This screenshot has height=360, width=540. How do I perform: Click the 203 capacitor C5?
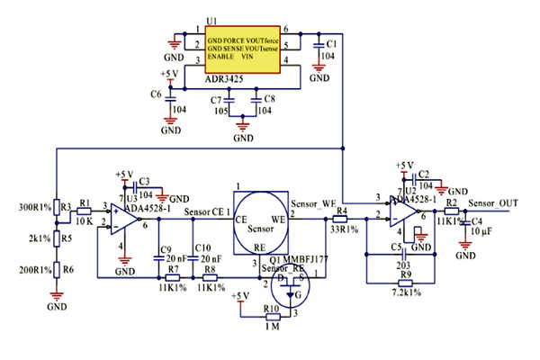[x=400, y=255]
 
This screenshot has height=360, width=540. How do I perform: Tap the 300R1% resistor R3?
[x=56, y=207]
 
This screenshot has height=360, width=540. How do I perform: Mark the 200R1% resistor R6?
[x=56, y=270]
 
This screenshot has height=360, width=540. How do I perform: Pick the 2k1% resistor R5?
[x=56, y=238]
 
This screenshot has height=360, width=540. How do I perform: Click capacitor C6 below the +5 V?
[x=168, y=94]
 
